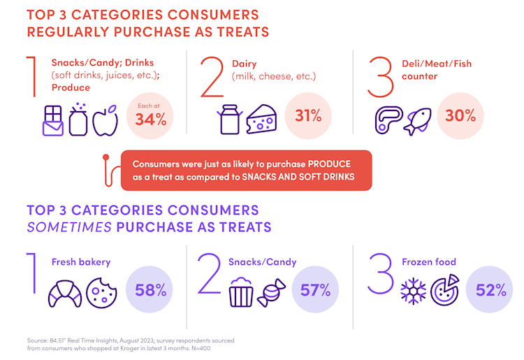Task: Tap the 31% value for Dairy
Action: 308,116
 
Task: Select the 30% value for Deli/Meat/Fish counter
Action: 460,116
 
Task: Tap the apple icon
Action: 105,120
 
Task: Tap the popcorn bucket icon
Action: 242,292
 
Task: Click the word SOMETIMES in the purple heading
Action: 70,226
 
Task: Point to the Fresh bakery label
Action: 81,262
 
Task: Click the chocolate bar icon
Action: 47,120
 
